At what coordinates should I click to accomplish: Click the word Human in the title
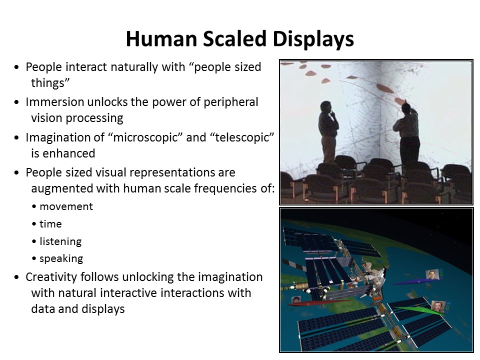point(161,39)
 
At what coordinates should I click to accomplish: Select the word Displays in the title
point(313,39)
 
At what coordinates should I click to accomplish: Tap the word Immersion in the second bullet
point(55,102)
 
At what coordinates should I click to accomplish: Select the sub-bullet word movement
point(66,206)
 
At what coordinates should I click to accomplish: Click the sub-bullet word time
point(51,224)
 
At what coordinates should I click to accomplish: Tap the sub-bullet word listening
point(60,241)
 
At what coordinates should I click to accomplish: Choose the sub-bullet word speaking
point(61,258)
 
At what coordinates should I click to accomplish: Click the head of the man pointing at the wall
point(406,108)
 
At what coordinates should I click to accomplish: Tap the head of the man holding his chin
point(325,107)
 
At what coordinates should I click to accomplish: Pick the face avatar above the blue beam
point(432,275)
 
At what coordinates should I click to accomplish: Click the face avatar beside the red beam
point(296,300)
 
